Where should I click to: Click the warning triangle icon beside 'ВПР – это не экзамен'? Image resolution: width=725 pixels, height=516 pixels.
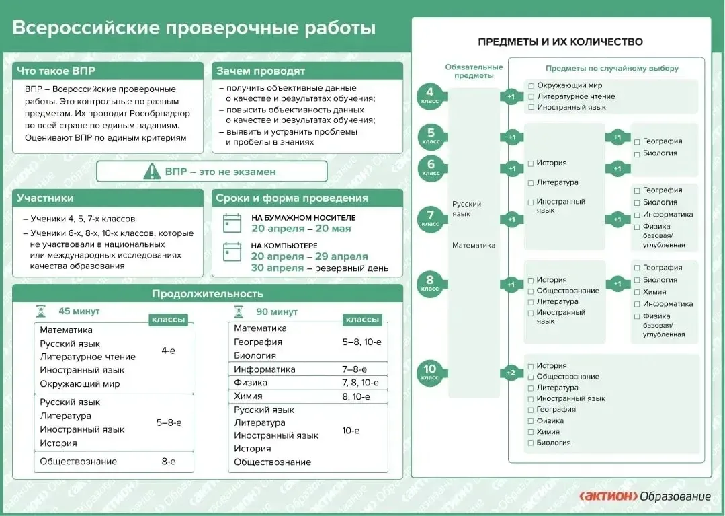(x=152, y=172)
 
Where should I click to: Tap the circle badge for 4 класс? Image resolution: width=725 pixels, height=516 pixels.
(x=430, y=96)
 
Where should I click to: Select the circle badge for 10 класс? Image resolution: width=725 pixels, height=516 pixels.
(x=430, y=373)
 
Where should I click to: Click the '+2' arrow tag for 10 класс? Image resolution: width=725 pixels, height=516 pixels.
(x=511, y=373)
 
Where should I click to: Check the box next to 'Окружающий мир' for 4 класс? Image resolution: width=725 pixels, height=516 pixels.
(x=531, y=85)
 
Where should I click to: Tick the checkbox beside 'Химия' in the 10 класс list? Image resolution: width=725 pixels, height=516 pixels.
(x=531, y=432)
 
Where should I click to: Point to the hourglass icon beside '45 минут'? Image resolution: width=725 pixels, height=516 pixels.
(x=41, y=311)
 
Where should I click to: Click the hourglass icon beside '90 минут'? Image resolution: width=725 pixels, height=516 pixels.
(x=239, y=312)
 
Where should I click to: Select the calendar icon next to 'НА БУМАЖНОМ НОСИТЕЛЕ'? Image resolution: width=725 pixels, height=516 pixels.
(x=232, y=223)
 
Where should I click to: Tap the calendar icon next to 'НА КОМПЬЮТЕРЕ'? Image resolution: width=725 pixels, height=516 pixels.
(x=232, y=252)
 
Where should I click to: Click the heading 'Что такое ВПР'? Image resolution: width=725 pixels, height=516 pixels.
(x=56, y=71)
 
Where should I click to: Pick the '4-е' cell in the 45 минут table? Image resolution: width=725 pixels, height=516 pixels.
(x=168, y=351)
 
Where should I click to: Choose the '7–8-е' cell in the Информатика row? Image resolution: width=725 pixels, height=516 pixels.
(x=355, y=369)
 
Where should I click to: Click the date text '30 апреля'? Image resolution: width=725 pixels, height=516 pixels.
(x=278, y=268)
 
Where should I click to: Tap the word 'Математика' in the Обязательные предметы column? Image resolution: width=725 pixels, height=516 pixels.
(x=474, y=246)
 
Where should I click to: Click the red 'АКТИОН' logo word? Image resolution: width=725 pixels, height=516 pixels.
(x=608, y=496)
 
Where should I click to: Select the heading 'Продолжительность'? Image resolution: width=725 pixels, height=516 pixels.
(x=208, y=294)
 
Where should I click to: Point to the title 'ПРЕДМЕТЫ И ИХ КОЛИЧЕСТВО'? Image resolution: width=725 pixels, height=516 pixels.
(x=560, y=42)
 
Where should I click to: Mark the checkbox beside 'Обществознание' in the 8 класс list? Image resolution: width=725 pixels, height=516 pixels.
(x=531, y=291)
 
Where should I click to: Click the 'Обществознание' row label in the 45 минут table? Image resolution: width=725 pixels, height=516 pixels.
(x=78, y=462)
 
